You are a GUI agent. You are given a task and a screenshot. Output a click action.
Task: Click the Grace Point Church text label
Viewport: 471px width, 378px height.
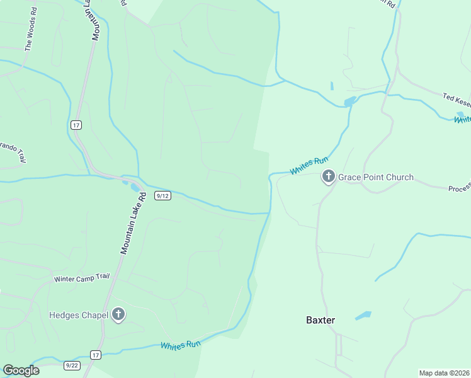coord(376,177)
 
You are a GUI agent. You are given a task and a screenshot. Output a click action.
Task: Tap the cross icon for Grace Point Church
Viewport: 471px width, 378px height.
coord(328,177)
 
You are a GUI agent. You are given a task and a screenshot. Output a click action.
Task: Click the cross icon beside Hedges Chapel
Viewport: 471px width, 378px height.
coord(118,315)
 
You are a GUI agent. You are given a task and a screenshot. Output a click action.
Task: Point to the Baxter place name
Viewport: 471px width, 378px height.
coord(321,320)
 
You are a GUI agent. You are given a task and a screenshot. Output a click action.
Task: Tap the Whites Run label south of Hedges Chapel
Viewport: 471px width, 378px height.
coord(180,345)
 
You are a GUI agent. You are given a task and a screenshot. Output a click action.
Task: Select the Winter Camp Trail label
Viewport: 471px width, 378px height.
coord(82,278)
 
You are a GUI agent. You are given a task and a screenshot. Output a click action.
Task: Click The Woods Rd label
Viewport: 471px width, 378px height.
coord(30,38)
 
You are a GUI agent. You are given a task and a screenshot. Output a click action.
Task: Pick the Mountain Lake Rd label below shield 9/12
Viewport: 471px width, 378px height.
coord(133,223)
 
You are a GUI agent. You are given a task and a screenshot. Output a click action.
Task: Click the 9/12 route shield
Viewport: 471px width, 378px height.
coord(162,196)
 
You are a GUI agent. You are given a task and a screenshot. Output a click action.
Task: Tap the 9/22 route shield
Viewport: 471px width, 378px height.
coord(72,365)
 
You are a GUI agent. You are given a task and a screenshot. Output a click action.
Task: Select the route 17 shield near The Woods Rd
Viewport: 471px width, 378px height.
coord(76,125)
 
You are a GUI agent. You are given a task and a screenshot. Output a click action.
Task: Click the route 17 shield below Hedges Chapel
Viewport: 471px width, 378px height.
coord(95,355)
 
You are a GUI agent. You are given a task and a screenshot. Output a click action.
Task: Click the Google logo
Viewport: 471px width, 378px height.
coord(21,370)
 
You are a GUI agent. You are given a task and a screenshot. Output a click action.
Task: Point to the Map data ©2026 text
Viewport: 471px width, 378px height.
coord(444,373)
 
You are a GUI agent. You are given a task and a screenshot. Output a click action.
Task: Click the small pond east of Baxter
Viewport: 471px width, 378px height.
coord(363,316)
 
